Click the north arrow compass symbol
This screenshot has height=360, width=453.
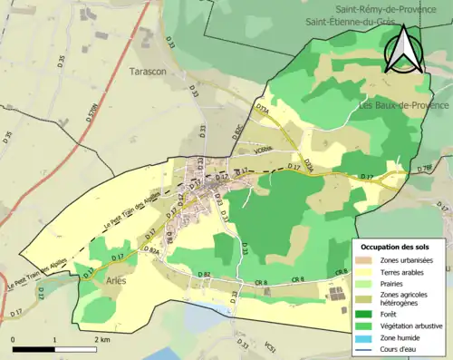pyautogui.click(x=403, y=49)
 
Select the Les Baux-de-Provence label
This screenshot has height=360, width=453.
pyautogui.click(x=403, y=105)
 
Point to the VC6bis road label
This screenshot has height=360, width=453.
pyautogui.click(x=264, y=151)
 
